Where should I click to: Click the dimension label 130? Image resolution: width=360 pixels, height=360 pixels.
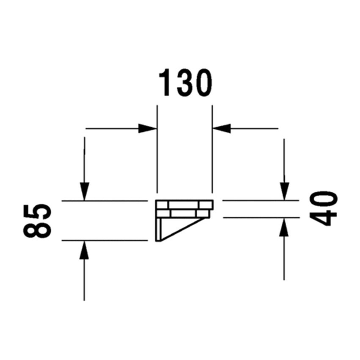coord(185,83)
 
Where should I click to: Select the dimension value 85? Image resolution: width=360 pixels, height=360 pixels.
coord(37,221)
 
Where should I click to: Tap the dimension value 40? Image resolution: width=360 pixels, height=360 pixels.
coord(323,209)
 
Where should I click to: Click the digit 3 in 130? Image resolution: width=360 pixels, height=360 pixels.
coord(184,83)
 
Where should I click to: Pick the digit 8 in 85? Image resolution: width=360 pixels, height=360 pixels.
coord(37,230)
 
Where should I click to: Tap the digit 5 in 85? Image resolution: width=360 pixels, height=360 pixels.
coord(37,212)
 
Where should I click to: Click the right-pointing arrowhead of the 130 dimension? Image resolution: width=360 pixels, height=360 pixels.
coord(147,129)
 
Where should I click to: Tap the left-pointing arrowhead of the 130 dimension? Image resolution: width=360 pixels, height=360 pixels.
coord(222,129)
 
